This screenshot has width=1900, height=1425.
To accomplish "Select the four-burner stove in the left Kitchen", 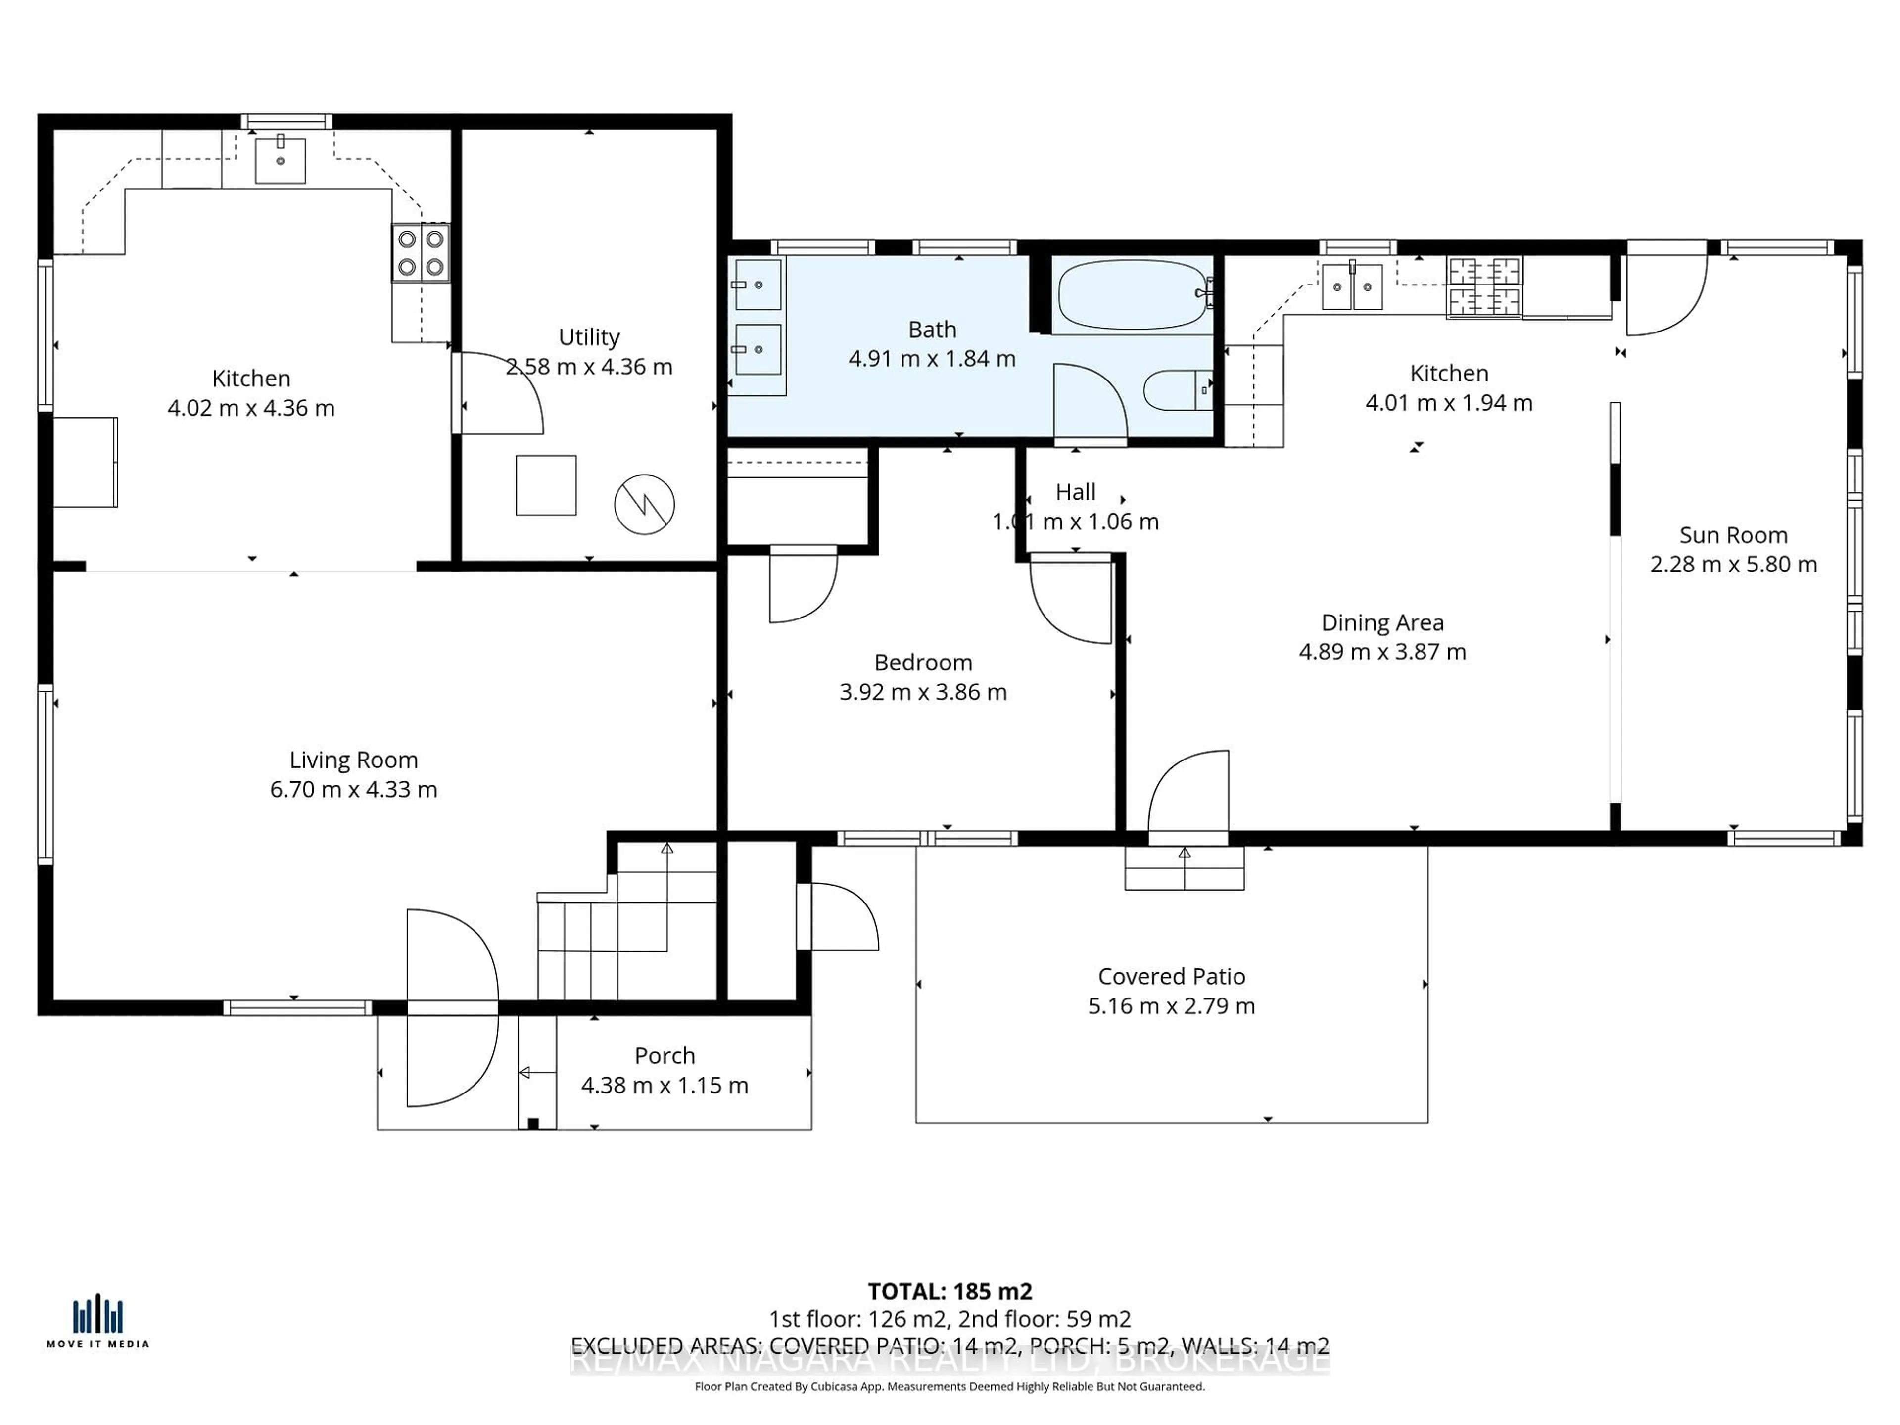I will tap(421, 252).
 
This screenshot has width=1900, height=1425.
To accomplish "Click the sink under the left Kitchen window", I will tap(280, 160).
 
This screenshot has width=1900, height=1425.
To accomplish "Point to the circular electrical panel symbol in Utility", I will tap(644, 504).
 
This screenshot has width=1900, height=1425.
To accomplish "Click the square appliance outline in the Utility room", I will tap(545, 485).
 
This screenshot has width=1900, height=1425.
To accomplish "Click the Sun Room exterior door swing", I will tap(1664, 292).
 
